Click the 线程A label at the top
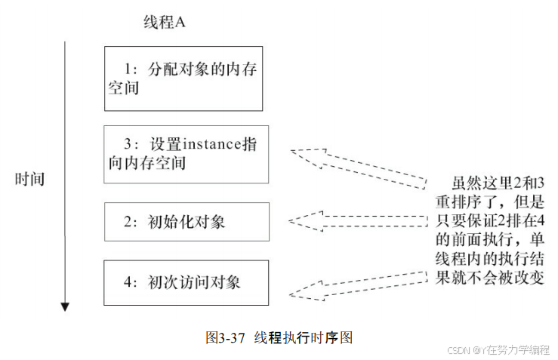coord(164,23)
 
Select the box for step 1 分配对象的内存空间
coord(183,78)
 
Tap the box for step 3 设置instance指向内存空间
coord(186,154)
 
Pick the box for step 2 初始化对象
coord(187,221)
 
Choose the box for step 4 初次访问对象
coord(186,282)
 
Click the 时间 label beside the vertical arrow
coord(30,180)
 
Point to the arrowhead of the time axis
coord(66,306)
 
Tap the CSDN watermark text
coord(499,349)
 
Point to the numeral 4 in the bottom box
coord(128,282)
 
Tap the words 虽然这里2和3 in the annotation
coord(495,184)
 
